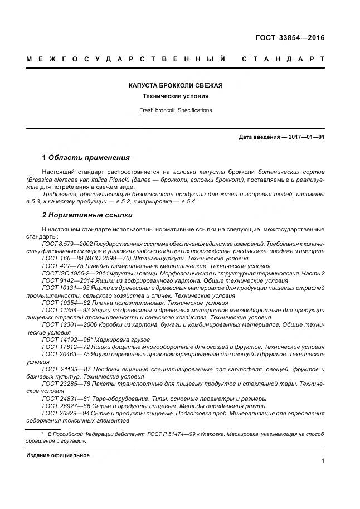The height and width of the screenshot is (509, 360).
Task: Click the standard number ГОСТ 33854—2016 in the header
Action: pos(289,38)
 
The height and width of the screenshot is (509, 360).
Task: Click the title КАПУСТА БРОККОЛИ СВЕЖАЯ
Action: pos(176,85)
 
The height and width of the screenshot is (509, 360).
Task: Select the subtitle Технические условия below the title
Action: pos(176,96)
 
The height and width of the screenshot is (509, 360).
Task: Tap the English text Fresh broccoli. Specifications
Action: pos(176,110)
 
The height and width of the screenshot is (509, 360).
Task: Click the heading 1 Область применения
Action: pos(86,157)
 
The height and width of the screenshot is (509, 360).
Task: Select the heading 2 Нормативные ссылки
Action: pos(87,215)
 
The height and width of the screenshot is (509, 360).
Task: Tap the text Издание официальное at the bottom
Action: pos(58,455)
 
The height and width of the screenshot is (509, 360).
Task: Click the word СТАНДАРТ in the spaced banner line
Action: pos(283,59)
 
